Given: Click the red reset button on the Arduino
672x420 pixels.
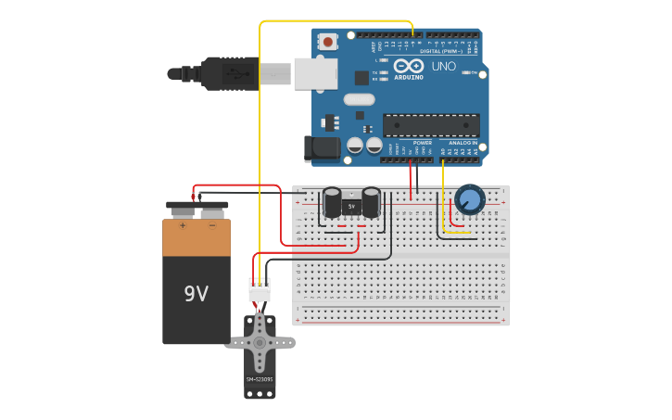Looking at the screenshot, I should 328,41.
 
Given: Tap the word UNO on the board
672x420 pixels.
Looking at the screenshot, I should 444,67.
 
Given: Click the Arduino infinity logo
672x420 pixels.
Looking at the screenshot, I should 409,67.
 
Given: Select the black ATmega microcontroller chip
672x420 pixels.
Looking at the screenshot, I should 431,125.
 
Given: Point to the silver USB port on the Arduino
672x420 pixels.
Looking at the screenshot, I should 315,73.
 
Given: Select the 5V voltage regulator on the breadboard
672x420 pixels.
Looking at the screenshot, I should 350,205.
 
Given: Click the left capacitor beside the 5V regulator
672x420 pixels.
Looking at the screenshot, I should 331,203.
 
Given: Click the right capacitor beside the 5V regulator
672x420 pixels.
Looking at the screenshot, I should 371,203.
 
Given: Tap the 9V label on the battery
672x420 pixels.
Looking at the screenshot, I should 197,294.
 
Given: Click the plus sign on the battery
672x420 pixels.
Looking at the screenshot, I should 183,225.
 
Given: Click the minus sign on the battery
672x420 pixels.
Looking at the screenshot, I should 212,225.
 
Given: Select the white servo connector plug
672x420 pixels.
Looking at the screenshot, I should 260,290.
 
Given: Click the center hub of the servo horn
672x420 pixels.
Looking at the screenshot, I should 260,342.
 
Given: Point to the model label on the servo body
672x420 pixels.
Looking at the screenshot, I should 260,379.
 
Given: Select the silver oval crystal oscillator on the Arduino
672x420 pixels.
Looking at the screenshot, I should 358,99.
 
